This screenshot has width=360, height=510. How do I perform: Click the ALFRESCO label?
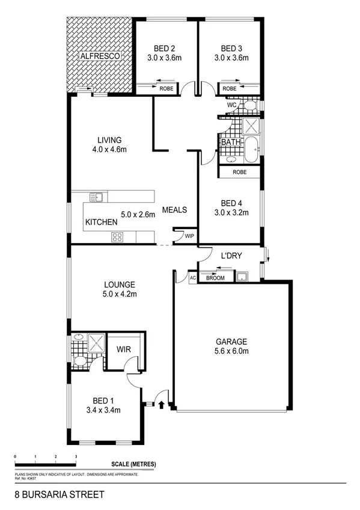click(99, 55)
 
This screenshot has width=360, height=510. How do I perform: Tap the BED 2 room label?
click(165, 48)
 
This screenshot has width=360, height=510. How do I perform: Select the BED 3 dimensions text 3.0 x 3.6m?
click(230, 58)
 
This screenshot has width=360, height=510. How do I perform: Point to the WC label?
click(232, 104)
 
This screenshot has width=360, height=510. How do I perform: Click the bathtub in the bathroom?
click(251, 149)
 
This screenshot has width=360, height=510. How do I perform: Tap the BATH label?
click(231, 143)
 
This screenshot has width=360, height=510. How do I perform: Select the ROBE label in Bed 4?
click(239, 171)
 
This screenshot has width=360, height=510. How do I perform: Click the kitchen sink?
click(96, 197)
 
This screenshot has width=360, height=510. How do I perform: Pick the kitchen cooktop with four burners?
click(117, 237)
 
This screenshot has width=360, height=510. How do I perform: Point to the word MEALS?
click(175, 210)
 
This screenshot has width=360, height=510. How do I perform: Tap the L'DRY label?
click(231, 256)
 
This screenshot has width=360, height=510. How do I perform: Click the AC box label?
click(193, 278)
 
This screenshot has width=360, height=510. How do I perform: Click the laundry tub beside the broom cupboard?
click(242, 277)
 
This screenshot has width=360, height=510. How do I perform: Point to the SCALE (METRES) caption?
click(133, 464)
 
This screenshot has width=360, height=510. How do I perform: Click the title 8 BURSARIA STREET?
click(59, 495)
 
